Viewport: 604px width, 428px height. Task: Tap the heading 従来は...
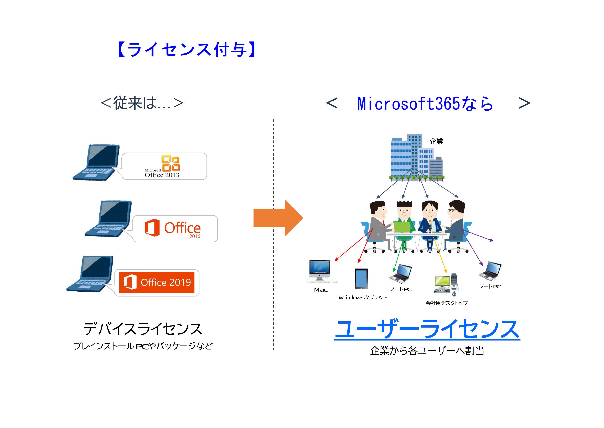coord(142,103)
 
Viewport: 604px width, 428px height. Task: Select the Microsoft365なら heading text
coord(425,103)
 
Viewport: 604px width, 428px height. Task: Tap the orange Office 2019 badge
coord(157,282)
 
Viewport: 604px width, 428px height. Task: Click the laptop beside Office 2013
coord(96,162)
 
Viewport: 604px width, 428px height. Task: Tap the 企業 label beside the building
coord(436,142)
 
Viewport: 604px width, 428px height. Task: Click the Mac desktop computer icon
coord(320,271)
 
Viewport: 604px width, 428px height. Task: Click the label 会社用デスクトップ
coord(446,303)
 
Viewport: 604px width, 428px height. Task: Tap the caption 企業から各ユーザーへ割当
coord(427,351)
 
